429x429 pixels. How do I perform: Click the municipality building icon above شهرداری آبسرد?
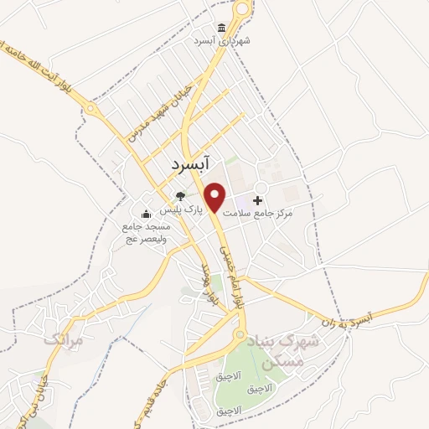(221, 27)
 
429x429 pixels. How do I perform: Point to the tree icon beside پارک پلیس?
(180, 197)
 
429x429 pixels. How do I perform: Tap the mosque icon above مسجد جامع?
(147, 213)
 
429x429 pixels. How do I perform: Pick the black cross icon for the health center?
(257, 200)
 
